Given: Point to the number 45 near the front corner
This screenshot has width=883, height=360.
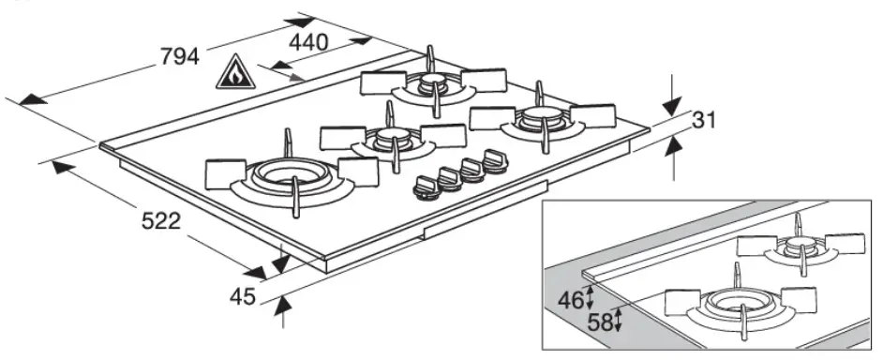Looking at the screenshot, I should tap(243, 297).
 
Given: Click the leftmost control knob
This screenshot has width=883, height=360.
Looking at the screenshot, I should tap(425, 185).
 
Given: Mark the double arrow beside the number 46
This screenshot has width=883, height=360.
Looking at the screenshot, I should tap(590, 298).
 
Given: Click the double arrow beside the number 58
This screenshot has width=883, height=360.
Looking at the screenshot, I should tap(620, 321).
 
